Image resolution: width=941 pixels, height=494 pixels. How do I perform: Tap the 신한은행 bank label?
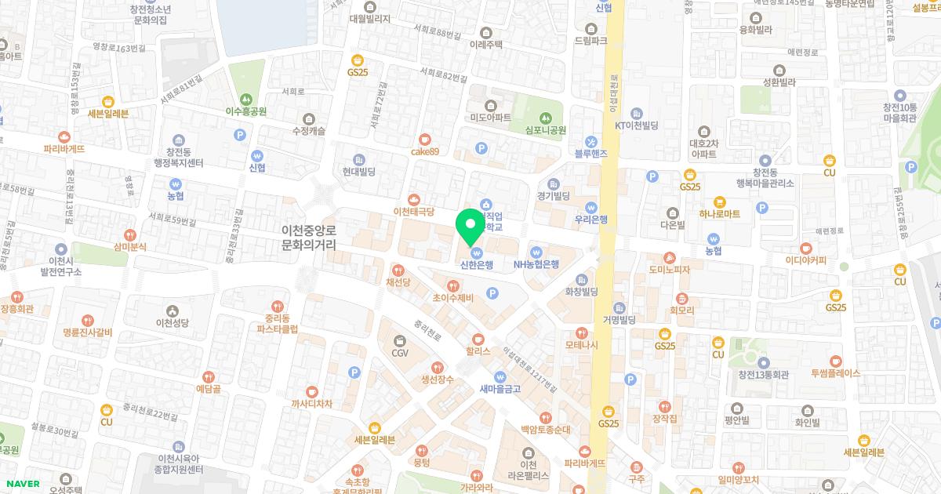[x=477, y=265]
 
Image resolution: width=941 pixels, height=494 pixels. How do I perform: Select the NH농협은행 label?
[x=536, y=265]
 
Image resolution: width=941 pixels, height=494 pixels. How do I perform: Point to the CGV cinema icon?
[x=400, y=340]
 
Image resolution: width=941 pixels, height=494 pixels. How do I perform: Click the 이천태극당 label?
[x=413, y=212]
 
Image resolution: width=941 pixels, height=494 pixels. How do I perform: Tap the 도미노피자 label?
[x=669, y=270]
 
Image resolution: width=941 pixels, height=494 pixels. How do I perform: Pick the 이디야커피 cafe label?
[x=805, y=260]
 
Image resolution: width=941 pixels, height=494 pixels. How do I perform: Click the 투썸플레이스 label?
[x=836, y=373]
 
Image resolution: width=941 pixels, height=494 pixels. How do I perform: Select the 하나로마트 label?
[x=719, y=213]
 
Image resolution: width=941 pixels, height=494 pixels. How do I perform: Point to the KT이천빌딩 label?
[x=634, y=125]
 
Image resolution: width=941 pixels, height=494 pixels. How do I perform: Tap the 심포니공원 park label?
[x=546, y=130]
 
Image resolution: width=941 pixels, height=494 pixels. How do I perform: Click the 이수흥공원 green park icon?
[x=246, y=100]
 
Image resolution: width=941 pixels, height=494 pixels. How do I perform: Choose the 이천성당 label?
[x=173, y=322]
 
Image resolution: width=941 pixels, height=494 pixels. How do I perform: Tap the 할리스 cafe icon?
[x=477, y=338]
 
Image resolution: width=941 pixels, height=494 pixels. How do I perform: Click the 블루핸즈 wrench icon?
[x=591, y=141]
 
